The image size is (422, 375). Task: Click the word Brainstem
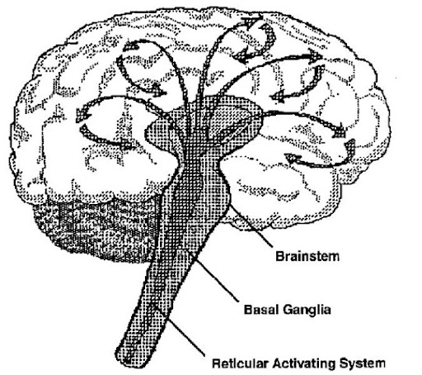(307, 256)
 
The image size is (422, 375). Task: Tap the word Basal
(261, 310)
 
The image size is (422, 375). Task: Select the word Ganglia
(307, 310)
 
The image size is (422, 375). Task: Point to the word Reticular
(240, 363)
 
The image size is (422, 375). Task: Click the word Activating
(304, 363)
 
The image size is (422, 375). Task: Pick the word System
(363, 363)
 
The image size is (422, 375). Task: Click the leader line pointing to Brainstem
(251, 225)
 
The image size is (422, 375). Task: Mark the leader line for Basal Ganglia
(215, 278)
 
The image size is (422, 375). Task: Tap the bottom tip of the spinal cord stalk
(129, 363)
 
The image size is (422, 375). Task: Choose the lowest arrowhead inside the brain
(292, 158)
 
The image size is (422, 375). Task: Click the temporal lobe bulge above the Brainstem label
(283, 190)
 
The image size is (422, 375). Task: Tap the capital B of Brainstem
(279, 256)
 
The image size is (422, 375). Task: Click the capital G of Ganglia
(288, 310)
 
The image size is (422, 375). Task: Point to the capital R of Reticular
(217, 363)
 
